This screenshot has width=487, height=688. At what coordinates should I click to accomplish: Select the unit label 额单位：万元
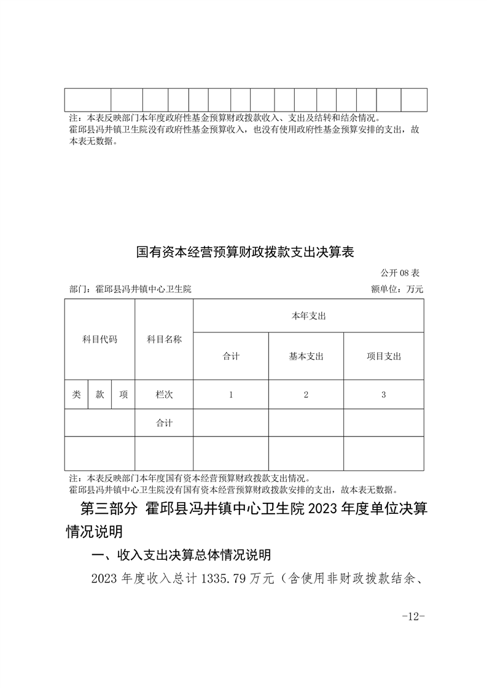coord(397,289)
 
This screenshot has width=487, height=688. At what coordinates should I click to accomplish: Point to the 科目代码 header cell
coord(99,339)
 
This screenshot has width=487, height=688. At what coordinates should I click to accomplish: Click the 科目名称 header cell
coord(164,339)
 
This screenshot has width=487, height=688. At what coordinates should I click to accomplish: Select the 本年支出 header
coord(308,316)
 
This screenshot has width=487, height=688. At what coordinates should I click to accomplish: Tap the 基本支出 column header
coord(306,356)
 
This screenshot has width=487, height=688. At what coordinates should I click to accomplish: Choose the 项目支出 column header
coord(383,356)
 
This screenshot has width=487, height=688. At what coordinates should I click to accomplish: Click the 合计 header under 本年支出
coord(231,356)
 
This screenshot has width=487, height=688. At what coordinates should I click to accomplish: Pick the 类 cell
coord(76,395)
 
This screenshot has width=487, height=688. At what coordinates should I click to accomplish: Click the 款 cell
coord(99,395)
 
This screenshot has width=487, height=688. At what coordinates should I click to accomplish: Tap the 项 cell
coord(123,395)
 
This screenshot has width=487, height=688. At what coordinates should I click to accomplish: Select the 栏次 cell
coord(164,395)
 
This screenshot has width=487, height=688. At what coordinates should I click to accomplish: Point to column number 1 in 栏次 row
coord(231,395)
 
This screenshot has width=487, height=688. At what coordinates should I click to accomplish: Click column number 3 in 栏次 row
coord(383,395)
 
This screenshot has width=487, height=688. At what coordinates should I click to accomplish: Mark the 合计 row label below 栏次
coord(164,423)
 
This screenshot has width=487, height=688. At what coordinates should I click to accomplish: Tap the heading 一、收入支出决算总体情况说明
coord(181,555)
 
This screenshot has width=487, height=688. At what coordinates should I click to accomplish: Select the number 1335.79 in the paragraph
coord(222,578)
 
